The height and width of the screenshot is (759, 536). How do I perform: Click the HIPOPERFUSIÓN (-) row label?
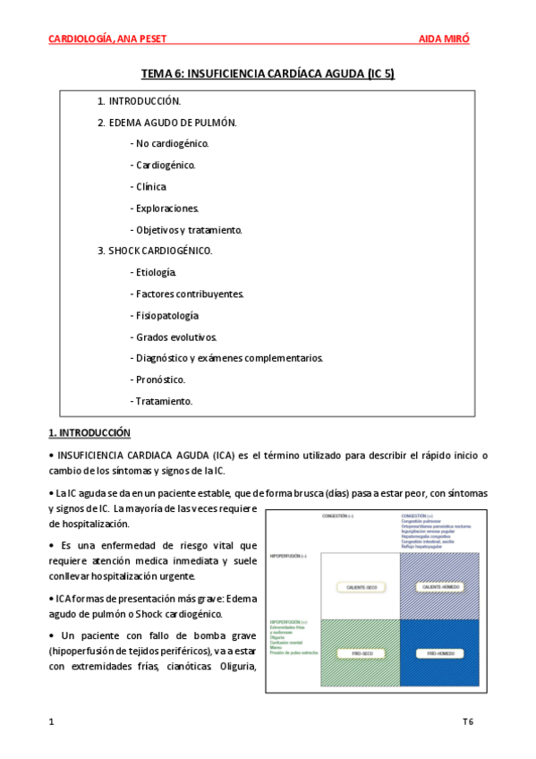[x=288, y=556]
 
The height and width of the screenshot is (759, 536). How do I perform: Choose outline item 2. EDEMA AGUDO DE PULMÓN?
[x=167, y=122]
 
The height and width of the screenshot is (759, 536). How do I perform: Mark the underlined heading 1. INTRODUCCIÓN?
[x=89, y=433]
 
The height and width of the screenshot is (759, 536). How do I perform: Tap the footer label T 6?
[x=468, y=721]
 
